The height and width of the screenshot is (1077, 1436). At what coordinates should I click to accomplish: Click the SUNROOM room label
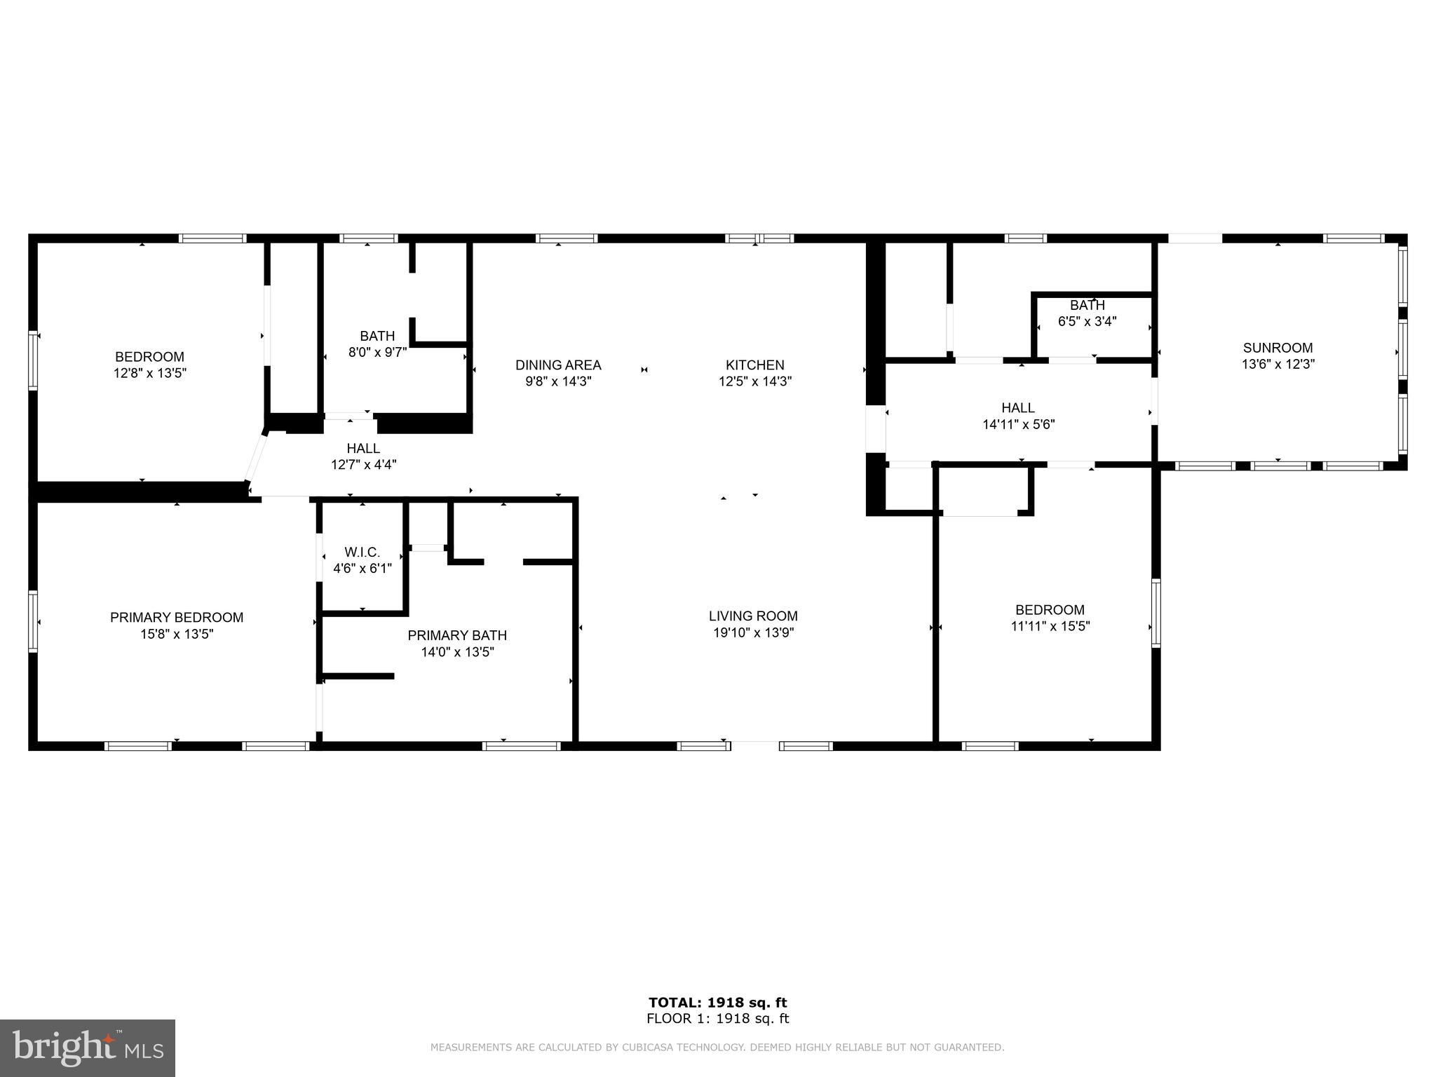(x=1278, y=348)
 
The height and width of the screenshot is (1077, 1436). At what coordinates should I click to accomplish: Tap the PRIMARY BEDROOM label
(x=177, y=617)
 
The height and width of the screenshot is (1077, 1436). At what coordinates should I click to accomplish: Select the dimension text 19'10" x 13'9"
(x=753, y=632)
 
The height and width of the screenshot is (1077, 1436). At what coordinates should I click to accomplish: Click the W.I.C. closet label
(x=362, y=552)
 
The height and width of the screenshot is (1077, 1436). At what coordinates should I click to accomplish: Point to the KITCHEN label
(x=754, y=365)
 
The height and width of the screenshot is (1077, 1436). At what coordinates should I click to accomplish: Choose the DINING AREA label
(x=558, y=365)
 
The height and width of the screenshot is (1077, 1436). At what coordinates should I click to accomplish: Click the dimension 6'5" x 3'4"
(x=1087, y=322)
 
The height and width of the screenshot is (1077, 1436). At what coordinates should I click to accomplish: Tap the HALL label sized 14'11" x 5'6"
(x=1017, y=407)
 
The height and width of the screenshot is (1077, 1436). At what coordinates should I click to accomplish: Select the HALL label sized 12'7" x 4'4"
(x=363, y=448)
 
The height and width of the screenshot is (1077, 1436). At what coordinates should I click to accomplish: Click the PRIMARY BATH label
(x=457, y=635)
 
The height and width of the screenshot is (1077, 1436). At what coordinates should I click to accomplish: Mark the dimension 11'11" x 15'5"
(x=1050, y=626)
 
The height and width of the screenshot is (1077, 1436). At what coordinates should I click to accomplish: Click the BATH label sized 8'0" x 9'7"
(x=377, y=336)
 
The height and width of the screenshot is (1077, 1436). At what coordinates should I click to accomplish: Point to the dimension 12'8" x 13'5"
(x=149, y=373)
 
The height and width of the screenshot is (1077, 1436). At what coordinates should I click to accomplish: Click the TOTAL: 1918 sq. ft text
(x=717, y=1003)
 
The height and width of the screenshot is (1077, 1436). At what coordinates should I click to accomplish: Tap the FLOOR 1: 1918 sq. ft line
(x=717, y=1019)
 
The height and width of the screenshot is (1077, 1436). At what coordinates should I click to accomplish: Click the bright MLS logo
(x=88, y=1048)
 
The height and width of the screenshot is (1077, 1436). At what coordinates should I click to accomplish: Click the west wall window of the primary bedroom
(x=32, y=621)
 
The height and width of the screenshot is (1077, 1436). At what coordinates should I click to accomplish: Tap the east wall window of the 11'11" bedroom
(x=1156, y=612)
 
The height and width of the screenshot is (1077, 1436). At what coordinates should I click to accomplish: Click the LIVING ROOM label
(x=753, y=616)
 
